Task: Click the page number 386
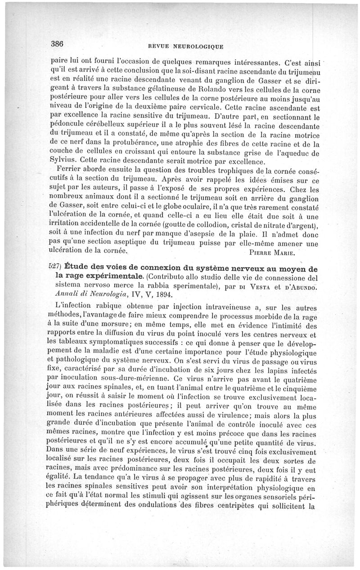[x=58, y=44]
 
